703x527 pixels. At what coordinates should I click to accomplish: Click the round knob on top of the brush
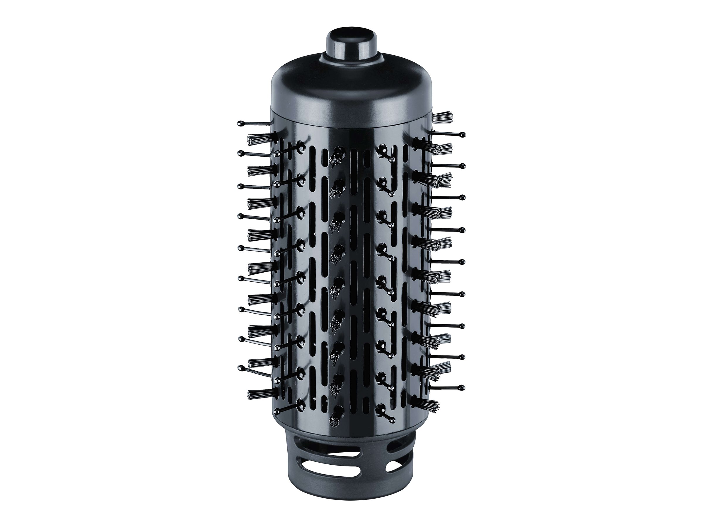(x=351, y=42)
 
